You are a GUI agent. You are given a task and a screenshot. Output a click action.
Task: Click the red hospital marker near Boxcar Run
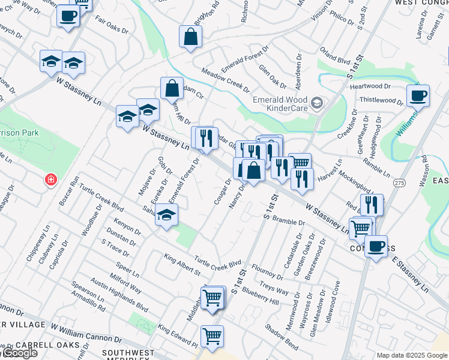click(51, 179)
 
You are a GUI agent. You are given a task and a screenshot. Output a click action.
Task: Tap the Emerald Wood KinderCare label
click(280, 104)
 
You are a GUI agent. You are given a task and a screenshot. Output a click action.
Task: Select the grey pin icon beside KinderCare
click(318, 104)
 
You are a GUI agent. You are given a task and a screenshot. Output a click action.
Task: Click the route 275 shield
click(399, 181)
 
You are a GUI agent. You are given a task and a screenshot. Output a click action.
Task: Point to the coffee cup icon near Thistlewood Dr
click(418, 95)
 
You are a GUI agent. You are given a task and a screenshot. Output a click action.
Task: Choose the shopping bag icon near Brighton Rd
click(190, 37)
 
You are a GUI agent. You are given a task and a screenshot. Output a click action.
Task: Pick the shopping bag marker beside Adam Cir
click(172, 88)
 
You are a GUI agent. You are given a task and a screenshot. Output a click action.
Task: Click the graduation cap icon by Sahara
click(166, 215)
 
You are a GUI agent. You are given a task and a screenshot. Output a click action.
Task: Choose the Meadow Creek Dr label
click(225, 80)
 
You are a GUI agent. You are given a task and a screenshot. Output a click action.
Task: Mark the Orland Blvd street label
click(335, 60)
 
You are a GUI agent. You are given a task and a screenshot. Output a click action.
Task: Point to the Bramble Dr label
click(289, 221)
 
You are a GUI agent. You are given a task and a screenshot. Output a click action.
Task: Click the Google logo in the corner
click(19, 352)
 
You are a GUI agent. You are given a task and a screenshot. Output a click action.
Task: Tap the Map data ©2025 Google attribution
click(411, 355)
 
